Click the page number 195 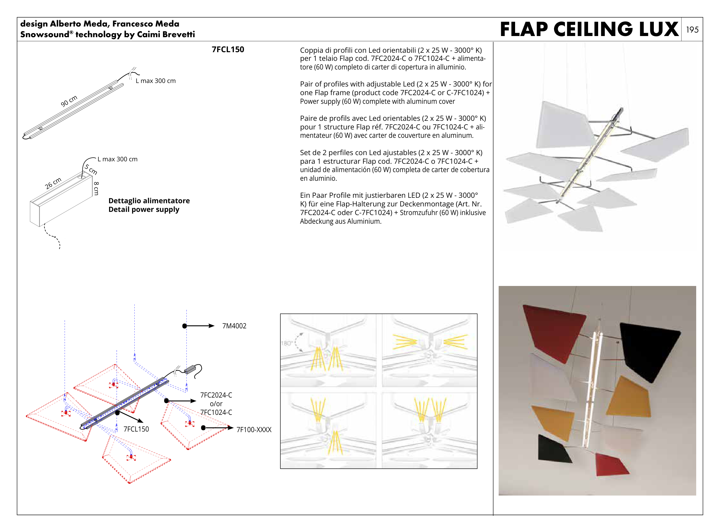click(x=692, y=30)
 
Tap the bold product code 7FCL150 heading click(x=228, y=49)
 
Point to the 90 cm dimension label click(x=69, y=101)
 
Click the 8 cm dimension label click(x=96, y=188)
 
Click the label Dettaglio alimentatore click(x=149, y=201)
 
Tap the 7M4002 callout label click(x=234, y=326)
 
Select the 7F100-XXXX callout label click(x=254, y=430)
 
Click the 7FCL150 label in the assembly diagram click(x=136, y=429)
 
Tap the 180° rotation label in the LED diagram click(x=286, y=343)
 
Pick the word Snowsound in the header click(x=45, y=34)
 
